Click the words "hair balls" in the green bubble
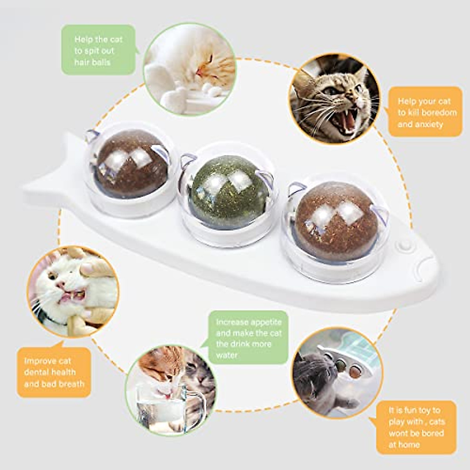coord(92,62)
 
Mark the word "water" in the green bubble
coord(227,355)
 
